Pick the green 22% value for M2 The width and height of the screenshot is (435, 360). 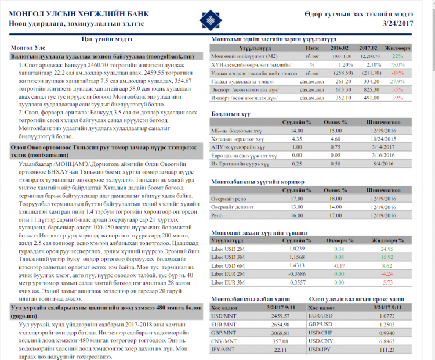coord(397,56)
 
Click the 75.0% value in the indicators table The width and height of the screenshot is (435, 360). coord(397,64)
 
